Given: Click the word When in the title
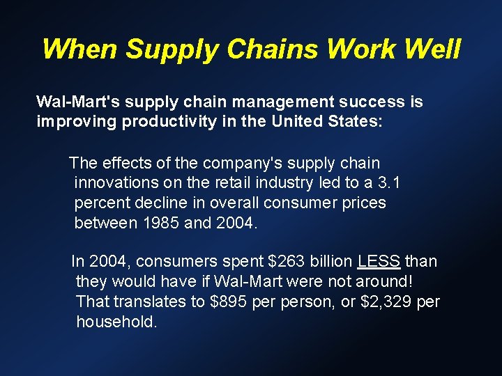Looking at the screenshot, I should [80, 49].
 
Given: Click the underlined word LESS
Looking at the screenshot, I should [379, 262].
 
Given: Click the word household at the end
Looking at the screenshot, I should [116, 322].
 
